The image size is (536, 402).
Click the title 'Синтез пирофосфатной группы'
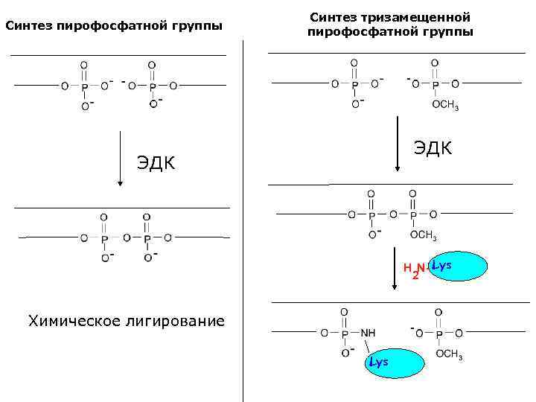(114, 28)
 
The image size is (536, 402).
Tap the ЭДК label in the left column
(156, 162)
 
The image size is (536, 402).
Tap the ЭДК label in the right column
(433, 147)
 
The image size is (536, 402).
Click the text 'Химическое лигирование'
(126, 321)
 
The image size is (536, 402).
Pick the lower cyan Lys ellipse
(392, 363)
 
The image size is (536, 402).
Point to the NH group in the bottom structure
(368, 332)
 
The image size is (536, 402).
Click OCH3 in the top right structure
(445, 106)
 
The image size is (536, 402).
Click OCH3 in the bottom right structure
(449, 355)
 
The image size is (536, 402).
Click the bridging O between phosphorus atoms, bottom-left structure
(127, 238)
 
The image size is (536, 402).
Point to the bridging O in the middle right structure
(392, 214)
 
